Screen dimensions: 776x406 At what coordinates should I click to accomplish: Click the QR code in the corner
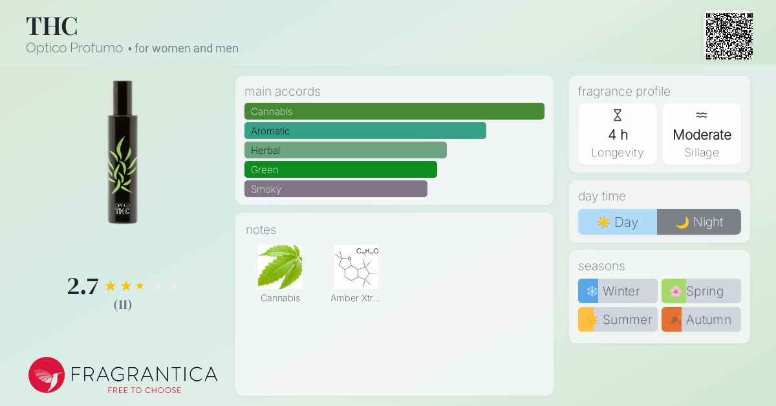click(729, 36)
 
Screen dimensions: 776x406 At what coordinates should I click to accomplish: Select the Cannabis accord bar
click(394, 111)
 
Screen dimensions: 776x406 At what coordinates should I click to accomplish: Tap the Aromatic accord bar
click(365, 131)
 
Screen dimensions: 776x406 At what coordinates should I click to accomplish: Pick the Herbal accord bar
click(345, 150)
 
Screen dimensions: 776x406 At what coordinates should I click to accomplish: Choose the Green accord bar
click(341, 169)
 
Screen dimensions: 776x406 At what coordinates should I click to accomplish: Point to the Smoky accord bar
click(336, 189)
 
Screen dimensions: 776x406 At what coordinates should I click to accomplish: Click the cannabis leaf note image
click(280, 267)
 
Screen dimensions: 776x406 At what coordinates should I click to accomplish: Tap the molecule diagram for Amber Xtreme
click(356, 267)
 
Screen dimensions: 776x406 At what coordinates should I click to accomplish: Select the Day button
click(618, 222)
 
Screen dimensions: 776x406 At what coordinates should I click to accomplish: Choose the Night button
click(699, 222)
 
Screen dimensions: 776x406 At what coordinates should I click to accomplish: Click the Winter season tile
click(618, 291)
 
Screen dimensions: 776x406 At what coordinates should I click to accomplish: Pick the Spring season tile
click(701, 291)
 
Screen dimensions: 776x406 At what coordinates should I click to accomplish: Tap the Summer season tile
click(618, 319)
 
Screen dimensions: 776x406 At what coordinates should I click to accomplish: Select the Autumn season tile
click(701, 319)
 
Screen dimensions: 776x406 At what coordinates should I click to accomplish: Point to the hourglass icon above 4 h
click(618, 115)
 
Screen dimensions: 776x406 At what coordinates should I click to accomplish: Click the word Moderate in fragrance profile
click(702, 134)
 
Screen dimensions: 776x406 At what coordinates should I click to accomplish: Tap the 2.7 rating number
click(83, 286)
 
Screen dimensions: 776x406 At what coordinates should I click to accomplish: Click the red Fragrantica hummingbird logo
click(47, 375)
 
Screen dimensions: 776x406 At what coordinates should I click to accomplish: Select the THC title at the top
click(52, 26)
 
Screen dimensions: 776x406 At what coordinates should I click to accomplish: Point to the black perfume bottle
click(122, 152)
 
